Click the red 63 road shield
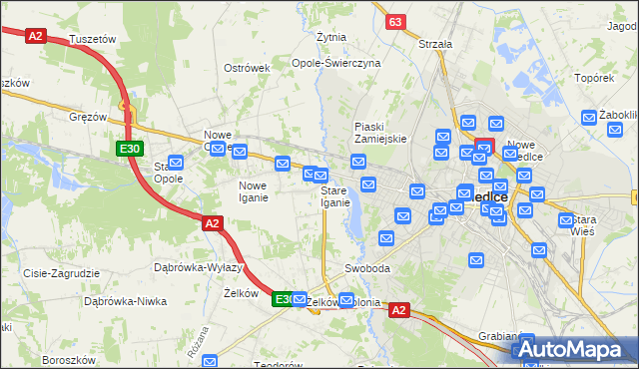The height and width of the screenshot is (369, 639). [x=396, y=21]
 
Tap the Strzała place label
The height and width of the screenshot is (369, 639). [x=435, y=44]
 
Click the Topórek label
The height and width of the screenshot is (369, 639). [x=593, y=77]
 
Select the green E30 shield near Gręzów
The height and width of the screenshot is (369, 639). [x=128, y=149]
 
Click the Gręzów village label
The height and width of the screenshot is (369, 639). [x=88, y=117]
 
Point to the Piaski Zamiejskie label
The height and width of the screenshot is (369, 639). [x=380, y=133]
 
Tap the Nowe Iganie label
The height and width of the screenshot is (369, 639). [x=253, y=190]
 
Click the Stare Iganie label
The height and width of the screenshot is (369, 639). [x=335, y=196]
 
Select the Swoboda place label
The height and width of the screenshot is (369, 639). [x=366, y=269]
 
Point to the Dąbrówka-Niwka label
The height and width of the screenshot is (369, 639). [x=124, y=300]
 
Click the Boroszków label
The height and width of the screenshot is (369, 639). [x=68, y=359]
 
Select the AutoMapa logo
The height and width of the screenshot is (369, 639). [x=576, y=350]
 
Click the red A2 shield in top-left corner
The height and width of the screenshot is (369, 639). [x=36, y=35]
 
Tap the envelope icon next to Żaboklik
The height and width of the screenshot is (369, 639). [x=588, y=118]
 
